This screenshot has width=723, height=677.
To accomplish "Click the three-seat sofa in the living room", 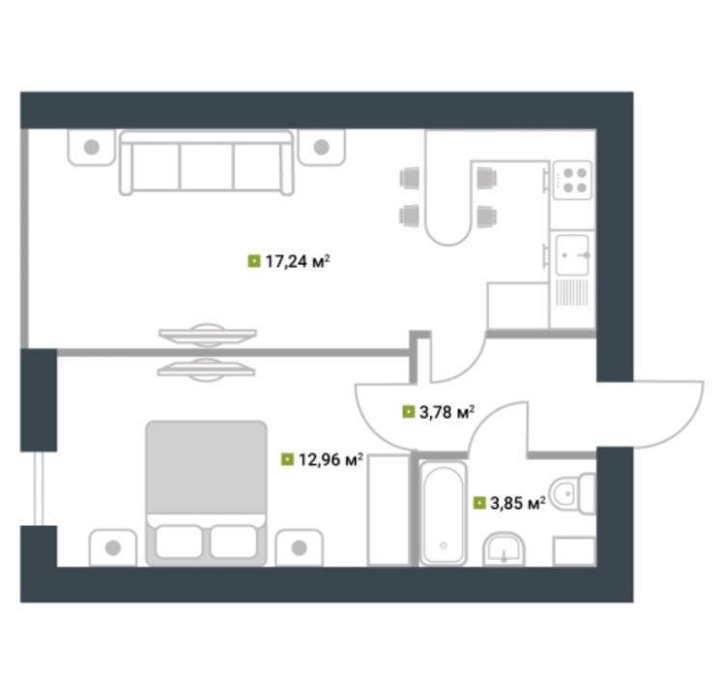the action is point(207,162).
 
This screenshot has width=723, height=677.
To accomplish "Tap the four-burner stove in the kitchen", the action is point(572,180).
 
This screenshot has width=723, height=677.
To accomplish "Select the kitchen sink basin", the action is point(572,255).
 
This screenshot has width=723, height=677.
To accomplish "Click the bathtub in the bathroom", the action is point(443,513).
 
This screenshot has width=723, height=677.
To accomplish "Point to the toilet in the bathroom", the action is point(573,493).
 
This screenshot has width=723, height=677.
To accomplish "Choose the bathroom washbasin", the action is point(504,549).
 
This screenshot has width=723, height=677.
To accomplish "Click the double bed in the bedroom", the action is point(206,493).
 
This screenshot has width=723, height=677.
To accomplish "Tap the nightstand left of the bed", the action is point(113,547).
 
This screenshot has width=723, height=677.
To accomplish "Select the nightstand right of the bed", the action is point(300,547).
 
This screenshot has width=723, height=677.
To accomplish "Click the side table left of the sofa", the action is point(91,147).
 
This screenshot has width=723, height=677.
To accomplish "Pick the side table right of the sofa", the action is point(321,147).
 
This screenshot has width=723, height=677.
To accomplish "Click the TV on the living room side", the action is point(208,335).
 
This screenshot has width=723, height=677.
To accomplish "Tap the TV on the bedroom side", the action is point(206,369).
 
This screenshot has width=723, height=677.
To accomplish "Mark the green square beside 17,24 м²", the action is point(254,261).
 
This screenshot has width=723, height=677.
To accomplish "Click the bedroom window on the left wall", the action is point(39,488).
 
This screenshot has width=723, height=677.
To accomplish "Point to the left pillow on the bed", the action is point(179,542).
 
